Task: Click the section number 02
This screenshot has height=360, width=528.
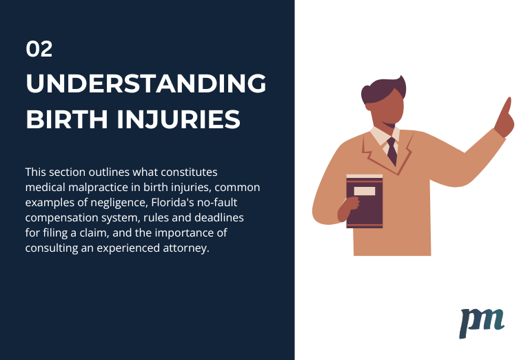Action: pyautogui.click(x=39, y=49)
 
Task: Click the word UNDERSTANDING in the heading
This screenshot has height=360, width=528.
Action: pyautogui.click(x=146, y=83)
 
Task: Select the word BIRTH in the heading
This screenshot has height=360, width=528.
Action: pyautogui.click(x=67, y=119)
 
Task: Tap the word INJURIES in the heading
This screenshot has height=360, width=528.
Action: pyautogui.click(x=179, y=119)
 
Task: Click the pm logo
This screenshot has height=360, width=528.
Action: pyautogui.click(x=482, y=323)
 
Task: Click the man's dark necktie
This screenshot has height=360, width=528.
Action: pyautogui.click(x=392, y=151)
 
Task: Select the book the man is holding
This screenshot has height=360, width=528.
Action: pyautogui.click(x=365, y=201)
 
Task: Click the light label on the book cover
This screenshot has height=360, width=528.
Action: pyautogui.click(x=365, y=191)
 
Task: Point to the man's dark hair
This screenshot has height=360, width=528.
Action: pyautogui.click(x=383, y=90)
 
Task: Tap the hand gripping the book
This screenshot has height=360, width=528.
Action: pyautogui.click(x=349, y=208)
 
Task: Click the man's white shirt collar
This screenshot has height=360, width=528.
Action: pyautogui.click(x=384, y=137)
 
